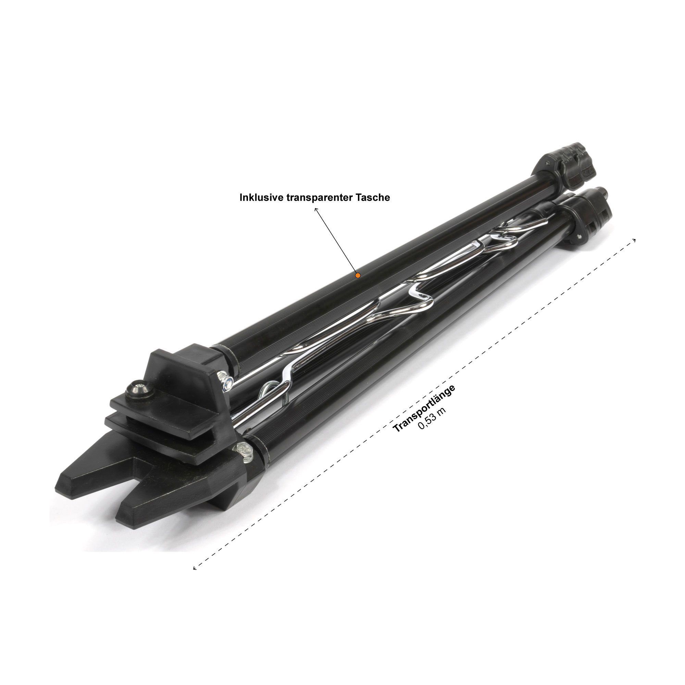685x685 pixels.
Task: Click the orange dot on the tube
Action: pyautogui.click(x=358, y=275)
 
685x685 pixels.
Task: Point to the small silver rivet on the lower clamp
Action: pyautogui.click(x=579, y=236)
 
